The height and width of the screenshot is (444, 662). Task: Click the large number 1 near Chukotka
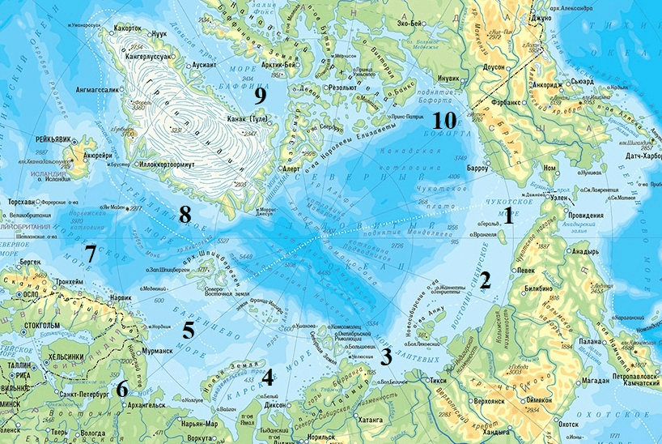click(508, 216)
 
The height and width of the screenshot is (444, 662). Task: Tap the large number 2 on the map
click(486, 281)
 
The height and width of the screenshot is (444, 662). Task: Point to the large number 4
click(266, 375)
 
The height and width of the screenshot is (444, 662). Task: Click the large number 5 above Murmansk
click(188, 330)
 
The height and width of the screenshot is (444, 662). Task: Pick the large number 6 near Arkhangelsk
click(122, 389)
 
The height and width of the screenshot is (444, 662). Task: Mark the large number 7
click(91, 254)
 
